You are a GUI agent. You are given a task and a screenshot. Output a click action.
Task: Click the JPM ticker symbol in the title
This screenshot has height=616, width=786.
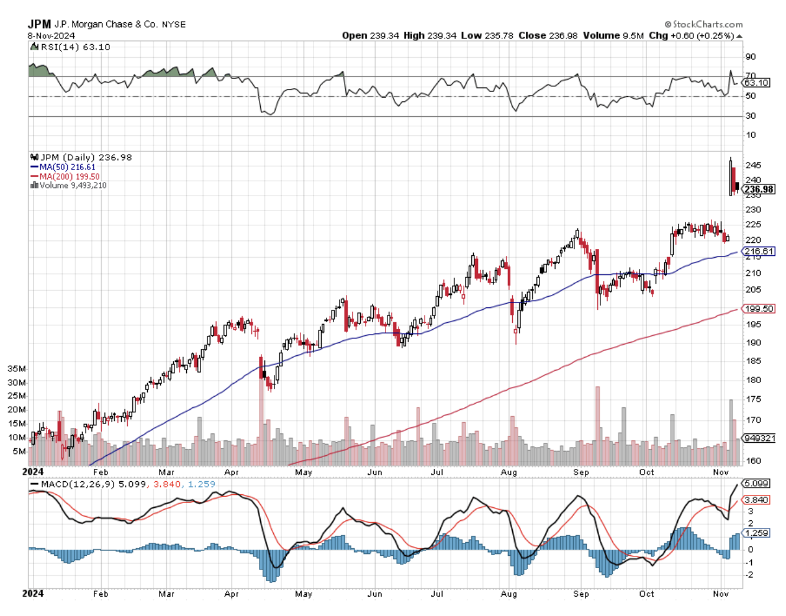(x=39, y=24)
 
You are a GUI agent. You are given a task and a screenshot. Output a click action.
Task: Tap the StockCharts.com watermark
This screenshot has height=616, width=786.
(x=704, y=24)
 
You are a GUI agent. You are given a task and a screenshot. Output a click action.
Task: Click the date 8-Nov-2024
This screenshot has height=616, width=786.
(x=51, y=35)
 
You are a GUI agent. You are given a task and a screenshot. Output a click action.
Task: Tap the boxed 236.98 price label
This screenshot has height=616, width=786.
(x=759, y=189)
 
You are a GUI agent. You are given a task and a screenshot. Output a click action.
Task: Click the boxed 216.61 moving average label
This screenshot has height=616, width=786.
(x=759, y=251)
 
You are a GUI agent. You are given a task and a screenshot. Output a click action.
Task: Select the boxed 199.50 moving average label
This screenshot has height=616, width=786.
(x=759, y=309)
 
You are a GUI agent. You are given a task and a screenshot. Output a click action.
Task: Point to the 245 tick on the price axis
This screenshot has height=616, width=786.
(x=752, y=165)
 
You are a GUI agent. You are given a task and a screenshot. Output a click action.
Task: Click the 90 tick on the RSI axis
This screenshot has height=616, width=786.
(x=751, y=57)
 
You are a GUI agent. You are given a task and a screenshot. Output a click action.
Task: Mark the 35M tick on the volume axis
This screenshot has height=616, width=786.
(x=17, y=369)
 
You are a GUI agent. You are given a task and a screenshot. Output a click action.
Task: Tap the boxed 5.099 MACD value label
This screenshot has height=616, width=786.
(x=756, y=483)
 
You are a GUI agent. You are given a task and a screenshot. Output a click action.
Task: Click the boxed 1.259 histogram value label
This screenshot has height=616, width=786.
(x=756, y=533)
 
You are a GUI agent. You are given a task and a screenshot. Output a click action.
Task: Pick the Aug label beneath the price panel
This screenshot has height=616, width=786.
(x=508, y=473)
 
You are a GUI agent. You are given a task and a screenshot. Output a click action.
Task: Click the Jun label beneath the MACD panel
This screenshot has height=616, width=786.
(x=374, y=594)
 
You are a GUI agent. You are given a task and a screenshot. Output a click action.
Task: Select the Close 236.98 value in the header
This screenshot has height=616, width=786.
(x=547, y=35)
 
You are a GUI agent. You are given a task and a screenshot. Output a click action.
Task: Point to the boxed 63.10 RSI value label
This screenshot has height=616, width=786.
(x=756, y=83)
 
